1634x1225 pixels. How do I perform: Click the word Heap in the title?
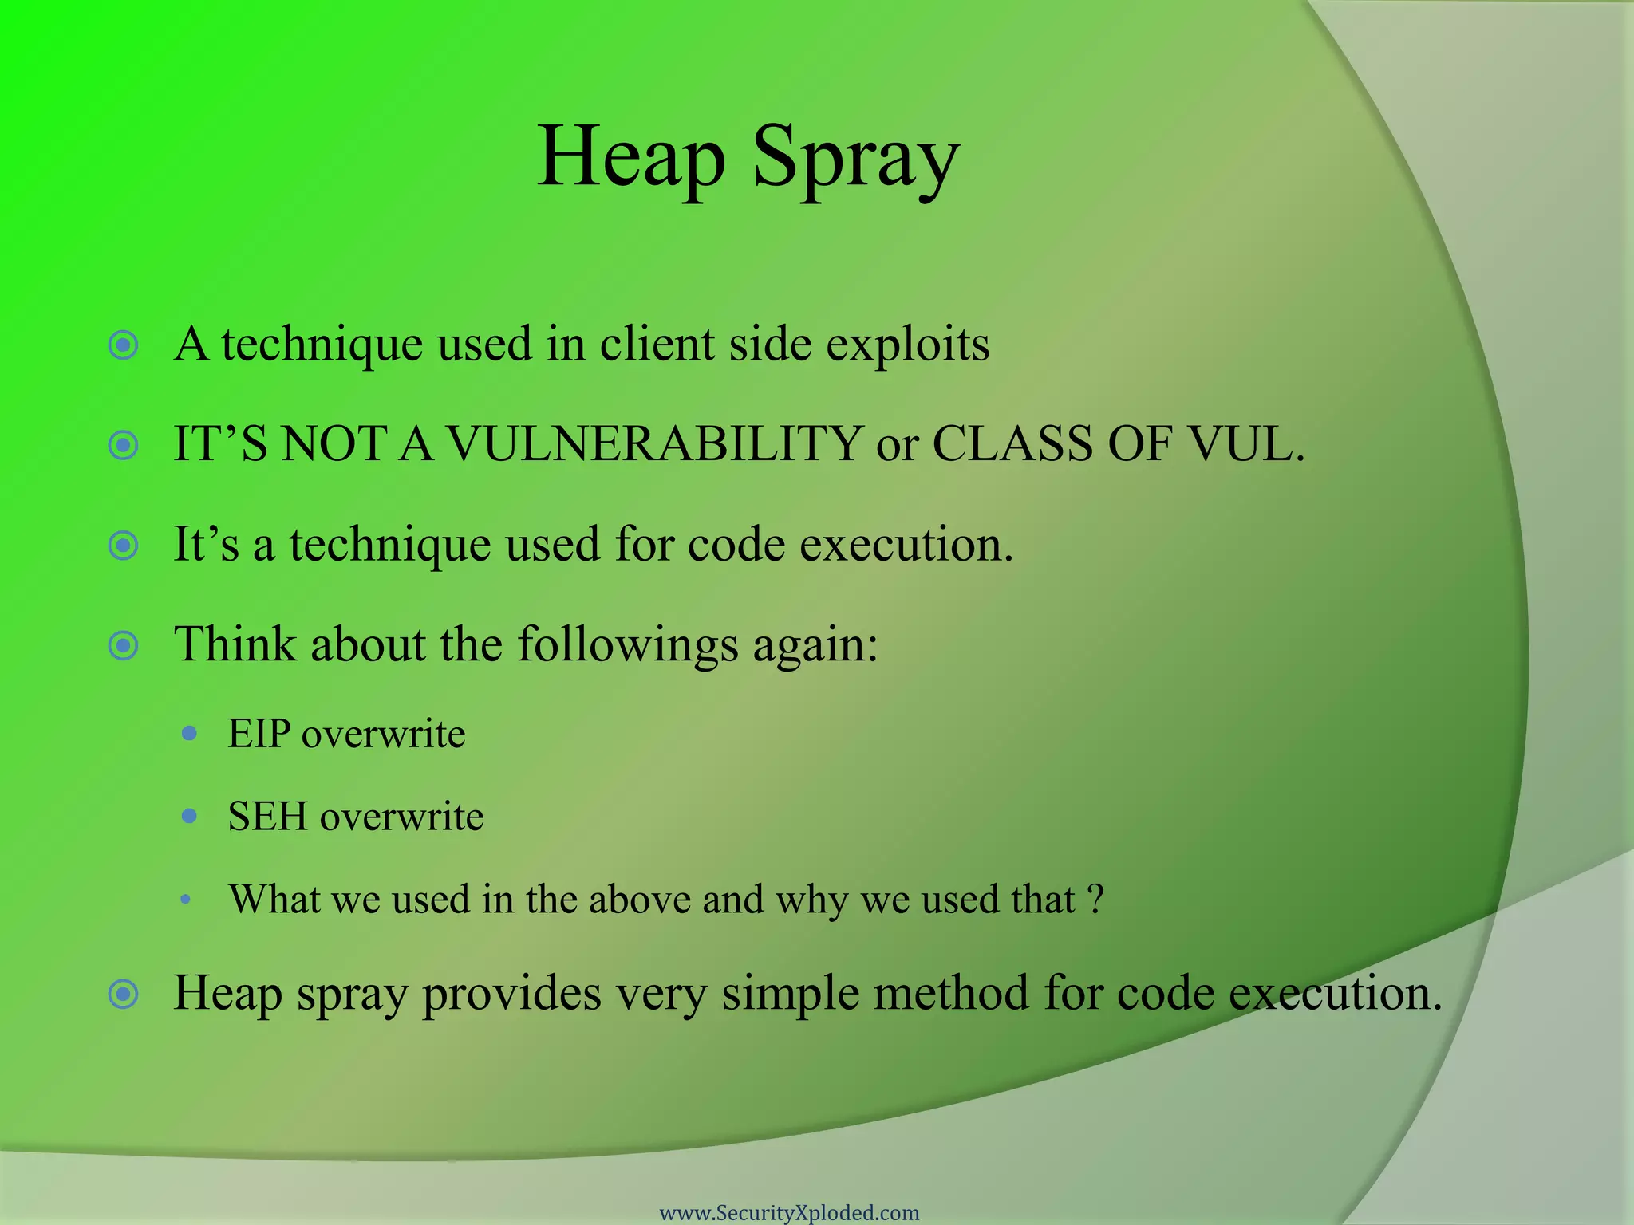click(630, 157)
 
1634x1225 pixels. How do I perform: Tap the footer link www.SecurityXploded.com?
click(789, 1212)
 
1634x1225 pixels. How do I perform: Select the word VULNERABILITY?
click(654, 443)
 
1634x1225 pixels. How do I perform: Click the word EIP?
click(259, 734)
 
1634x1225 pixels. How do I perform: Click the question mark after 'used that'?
click(1096, 900)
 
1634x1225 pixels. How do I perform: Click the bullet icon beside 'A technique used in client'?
click(124, 345)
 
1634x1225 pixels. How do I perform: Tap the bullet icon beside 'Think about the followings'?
click(124, 645)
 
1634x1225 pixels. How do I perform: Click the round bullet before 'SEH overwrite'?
click(189, 816)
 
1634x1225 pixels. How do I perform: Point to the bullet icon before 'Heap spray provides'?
click(124, 994)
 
